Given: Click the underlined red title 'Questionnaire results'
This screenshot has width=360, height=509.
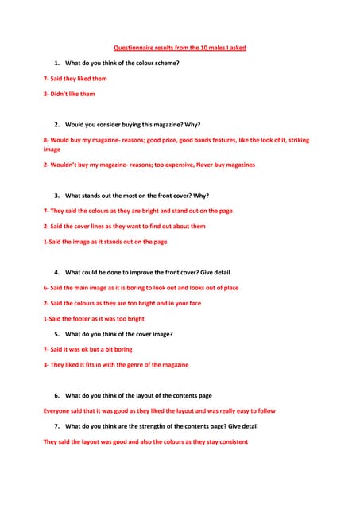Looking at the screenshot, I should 180,48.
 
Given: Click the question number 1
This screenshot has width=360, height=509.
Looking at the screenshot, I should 57,63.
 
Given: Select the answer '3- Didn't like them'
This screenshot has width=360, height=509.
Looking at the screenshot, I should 69,94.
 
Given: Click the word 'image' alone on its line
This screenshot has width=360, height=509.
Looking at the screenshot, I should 52,150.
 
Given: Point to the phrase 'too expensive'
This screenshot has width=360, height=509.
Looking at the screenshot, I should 173,165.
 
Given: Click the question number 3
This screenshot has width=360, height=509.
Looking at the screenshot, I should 57,196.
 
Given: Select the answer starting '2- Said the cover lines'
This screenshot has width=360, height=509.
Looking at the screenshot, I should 124,226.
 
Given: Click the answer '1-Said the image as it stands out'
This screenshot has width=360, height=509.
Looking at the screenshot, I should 105,242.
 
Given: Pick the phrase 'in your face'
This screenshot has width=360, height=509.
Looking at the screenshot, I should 184,303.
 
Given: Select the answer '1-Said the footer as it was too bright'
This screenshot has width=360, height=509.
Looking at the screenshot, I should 94,318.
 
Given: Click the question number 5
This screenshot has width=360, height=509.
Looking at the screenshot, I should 57,334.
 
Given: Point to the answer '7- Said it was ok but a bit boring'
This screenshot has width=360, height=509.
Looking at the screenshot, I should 87,349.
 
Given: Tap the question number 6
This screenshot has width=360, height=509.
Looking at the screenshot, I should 57,395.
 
